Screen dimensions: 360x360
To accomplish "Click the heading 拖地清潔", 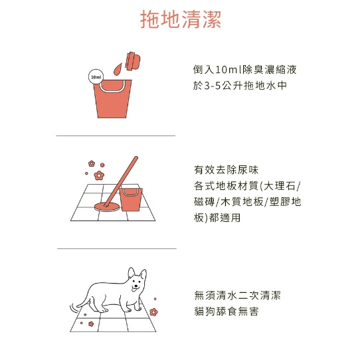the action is click(x=181, y=19).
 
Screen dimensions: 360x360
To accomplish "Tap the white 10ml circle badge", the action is click(x=96, y=77).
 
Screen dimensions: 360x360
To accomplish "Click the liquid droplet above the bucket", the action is click(x=118, y=68).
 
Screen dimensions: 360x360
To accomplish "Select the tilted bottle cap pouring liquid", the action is click(x=133, y=61).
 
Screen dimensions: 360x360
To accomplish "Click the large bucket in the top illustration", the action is click(x=112, y=99).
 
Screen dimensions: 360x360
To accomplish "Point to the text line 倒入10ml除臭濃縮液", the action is click(x=244, y=69).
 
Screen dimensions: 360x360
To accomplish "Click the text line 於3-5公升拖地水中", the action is click(x=240, y=86).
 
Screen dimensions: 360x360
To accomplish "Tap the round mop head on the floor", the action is click(x=107, y=207).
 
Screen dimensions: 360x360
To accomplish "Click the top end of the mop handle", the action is click(x=135, y=157).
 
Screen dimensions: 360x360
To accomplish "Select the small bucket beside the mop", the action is click(x=131, y=199).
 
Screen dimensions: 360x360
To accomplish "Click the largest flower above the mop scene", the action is click(x=99, y=175).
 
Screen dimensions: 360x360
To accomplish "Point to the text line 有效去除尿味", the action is click(x=226, y=170).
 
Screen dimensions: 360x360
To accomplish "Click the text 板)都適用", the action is click(x=217, y=218).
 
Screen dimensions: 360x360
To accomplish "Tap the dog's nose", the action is click(x=136, y=286).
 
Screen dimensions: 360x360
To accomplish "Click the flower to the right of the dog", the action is click(x=153, y=312).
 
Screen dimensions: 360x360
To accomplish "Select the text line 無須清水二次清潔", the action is click(x=237, y=296).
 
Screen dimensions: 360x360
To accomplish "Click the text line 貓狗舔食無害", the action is click(x=226, y=312).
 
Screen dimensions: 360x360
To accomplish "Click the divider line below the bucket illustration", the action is click(x=116, y=135).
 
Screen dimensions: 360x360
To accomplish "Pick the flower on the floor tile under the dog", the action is click(x=91, y=324).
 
